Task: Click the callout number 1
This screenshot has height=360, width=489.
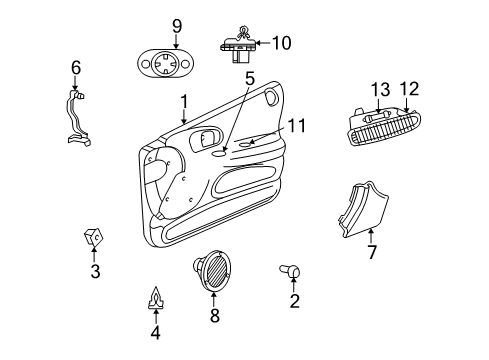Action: tap(184, 101)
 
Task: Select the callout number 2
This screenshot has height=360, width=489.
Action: tap(294, 301)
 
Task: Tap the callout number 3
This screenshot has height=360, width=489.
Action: tap(95, 271)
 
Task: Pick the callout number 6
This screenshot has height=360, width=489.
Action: tap(74, 68)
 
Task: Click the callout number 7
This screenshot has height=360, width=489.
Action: tap(371, 252)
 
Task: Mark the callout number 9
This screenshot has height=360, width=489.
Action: tap(176, 25)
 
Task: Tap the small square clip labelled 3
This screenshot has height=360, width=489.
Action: tap(94, 238)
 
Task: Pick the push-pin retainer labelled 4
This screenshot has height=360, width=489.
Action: tap(155, 297)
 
